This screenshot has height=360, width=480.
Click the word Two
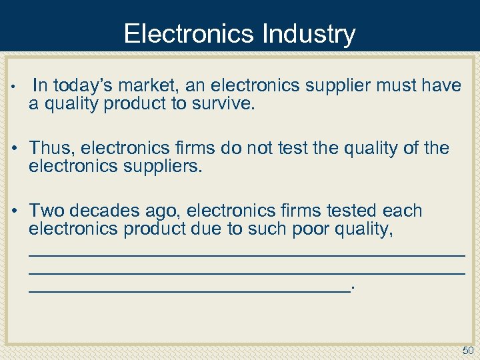point(46,211)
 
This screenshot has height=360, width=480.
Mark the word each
point(403,211)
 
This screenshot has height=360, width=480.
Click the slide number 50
point(467,351)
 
